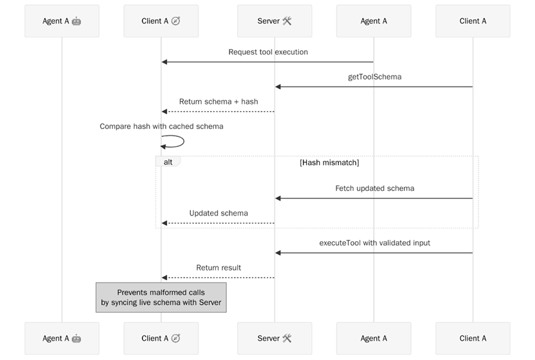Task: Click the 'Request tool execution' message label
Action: click(x=268, y=52)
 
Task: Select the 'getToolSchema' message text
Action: click(x=374, y=77)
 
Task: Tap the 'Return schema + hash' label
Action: click(x=219, y=101)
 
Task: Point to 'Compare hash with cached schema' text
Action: click(x=161, y=126)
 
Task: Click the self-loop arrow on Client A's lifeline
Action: click(x=182, y=141)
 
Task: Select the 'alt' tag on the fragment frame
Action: click(x=168, y=162)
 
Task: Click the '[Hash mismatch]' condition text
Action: click(x=329, y=163)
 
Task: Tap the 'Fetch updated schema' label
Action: click(x=374, y=188)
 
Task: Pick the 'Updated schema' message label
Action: click(x=219, y=213)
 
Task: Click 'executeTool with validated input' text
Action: click(x=374, y=243)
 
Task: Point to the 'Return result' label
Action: click(x=219, y=267)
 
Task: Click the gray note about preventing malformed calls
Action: click(x=161, y=297)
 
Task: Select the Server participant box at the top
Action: click(x=275, y=21)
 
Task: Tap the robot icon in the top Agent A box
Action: click(x=77, y=21)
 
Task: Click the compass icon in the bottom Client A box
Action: click(x=175, y=338)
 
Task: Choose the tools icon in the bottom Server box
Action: click(x=287, y=338)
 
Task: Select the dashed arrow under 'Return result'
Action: click(x=219, y=277)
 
